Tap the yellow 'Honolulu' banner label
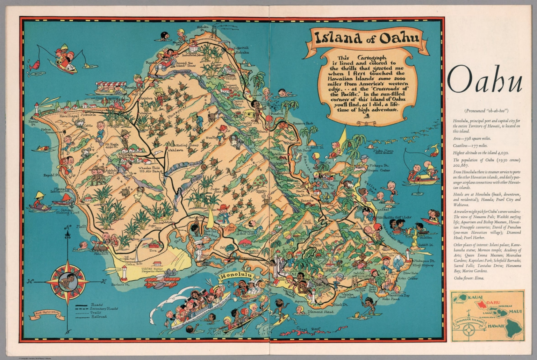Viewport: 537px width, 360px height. point(237,276)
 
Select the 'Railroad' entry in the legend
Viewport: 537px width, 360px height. point(99,317)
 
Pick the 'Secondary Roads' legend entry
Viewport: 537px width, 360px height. point(103,309)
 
